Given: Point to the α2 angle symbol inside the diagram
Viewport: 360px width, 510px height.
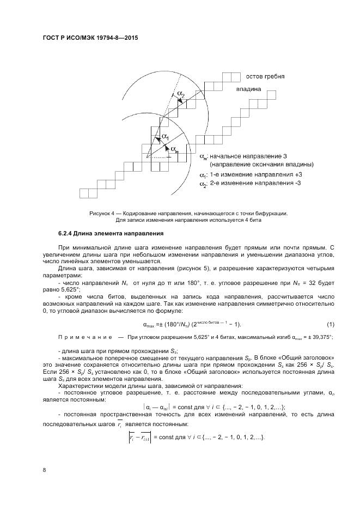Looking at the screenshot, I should pos(181,96).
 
